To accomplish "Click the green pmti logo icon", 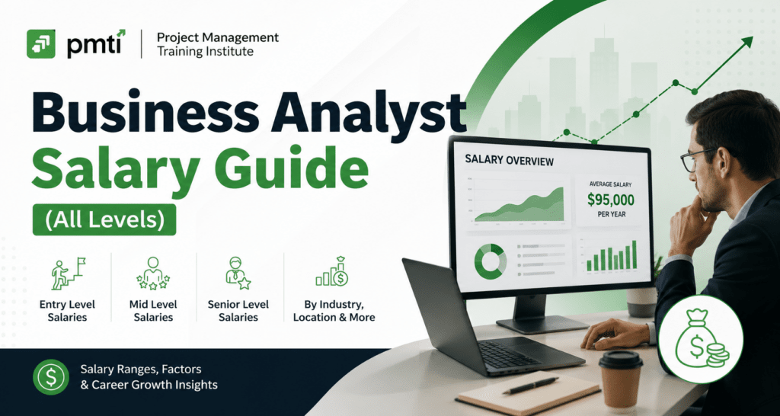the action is pyautogui.click(x=41, y=43).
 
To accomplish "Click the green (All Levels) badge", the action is pyautogui.click(x=104, y=219).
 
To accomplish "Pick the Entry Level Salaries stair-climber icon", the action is pyautogui.click(x=68, y=274).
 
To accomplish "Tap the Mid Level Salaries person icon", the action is pyautogui.click(x=153, y=274).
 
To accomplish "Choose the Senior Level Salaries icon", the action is pyautogui.click(x=238, y=274).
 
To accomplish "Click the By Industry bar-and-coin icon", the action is pyautogui.click(x=332, y=272).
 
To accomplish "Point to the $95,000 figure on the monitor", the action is pyautogui.click(x=610, y=200).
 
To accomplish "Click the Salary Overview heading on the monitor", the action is pyautogui.click(x=509, y=160).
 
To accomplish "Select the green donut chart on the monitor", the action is pyautogui.click(x=490, y=261).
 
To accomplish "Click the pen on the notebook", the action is pyautogui.click(x=530, y=386).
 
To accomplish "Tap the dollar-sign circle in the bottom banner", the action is pyautogui.click(x=51, y=377).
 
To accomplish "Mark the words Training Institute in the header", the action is pyautogui.click(x=205, y=51).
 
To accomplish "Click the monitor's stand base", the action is pyautogui.click(x=542, y=324).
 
